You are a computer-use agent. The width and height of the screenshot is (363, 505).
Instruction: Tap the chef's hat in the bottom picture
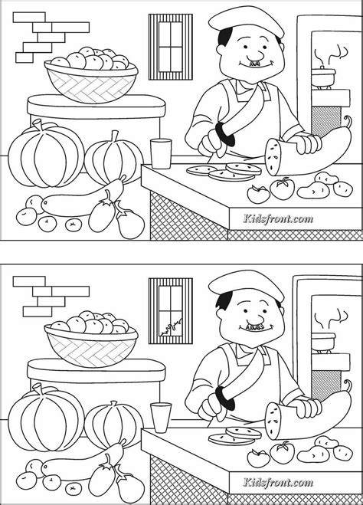click(x=246, y=284)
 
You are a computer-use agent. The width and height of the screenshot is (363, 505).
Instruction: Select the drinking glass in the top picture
click(x=161, y=153)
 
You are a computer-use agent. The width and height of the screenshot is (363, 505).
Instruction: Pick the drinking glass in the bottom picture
click(x=161, y=417)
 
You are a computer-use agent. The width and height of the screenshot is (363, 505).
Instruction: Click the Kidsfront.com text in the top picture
click(x=278, y=219)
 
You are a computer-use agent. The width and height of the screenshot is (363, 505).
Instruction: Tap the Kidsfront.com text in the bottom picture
click(x=278, y=483)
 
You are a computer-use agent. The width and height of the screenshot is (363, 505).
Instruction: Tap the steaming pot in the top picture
click(x=323, y=77)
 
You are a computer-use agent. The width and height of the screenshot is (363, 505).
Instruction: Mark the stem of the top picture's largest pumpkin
click(x=38, y=125)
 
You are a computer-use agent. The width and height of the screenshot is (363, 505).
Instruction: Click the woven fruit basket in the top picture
click(x=91, y=82)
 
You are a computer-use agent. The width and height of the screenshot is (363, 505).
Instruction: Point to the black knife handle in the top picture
click(x=224, y=134)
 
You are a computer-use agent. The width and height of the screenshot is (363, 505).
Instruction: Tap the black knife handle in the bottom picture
click(x=224, y=398)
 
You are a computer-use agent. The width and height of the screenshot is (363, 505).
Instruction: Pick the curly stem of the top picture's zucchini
click(x=348, y=122)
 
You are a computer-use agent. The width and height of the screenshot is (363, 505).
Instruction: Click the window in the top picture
click(x=171, y=47)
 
